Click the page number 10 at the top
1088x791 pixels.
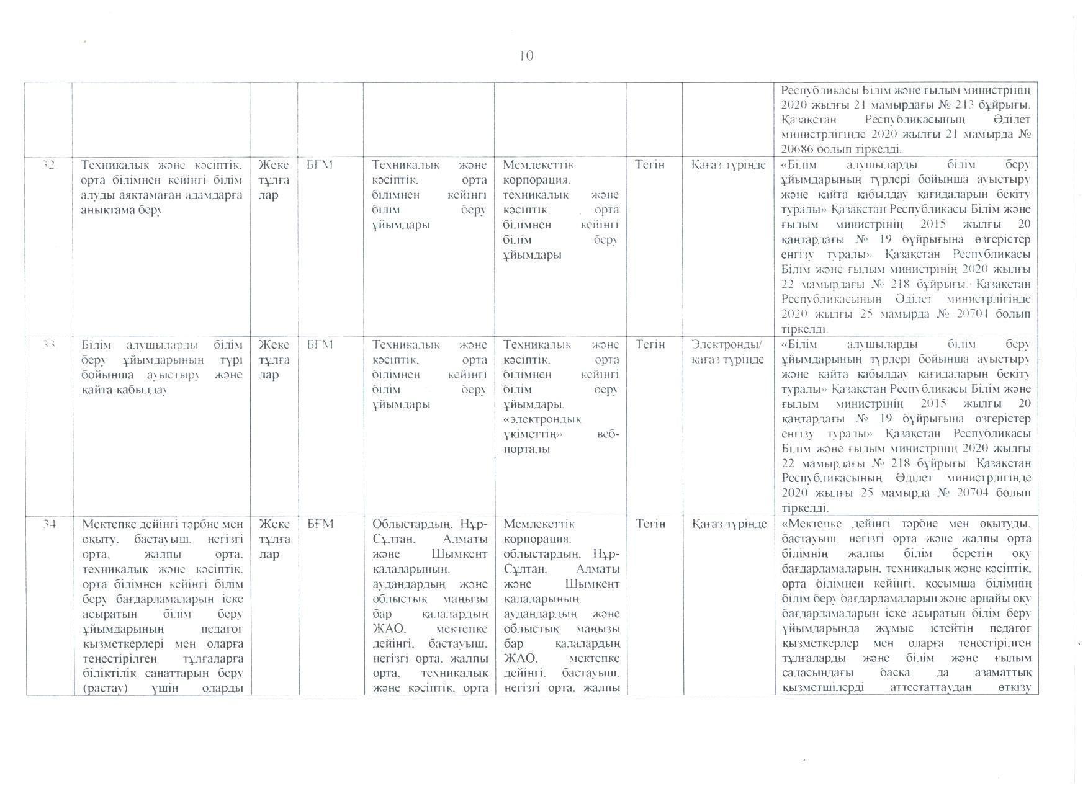(526, 56)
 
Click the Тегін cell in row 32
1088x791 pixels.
(650, 164)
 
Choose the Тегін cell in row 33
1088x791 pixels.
(650, 344)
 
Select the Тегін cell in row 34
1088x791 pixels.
(650, 524)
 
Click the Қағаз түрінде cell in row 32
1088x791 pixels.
(728, 165)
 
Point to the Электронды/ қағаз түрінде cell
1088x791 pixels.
(728, 352)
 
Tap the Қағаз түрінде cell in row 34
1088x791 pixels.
(728, 524)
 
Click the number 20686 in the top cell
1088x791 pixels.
(798, 149)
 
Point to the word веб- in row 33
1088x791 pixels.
(607, 434)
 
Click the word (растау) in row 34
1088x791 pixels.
(101, 687)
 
